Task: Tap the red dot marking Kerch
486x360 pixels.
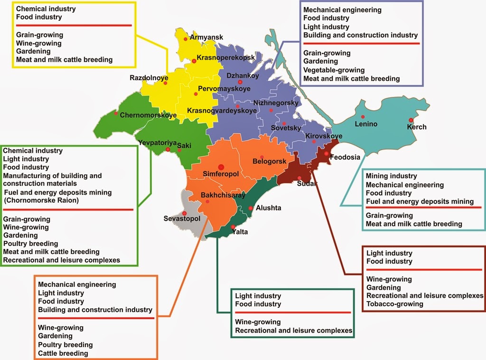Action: tap(411, 120)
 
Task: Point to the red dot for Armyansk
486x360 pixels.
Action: tap(186, 39)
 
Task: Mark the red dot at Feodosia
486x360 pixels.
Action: tap(327, 153)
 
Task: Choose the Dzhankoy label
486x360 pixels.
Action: tap(242, 75)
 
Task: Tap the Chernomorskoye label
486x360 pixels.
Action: tap(148, 115)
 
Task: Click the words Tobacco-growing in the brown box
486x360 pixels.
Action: tap(394, 304)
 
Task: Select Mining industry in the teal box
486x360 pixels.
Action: tap(391, 176)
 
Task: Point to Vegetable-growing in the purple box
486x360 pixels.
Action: tap(334, 70)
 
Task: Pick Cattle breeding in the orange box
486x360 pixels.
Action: tap(63, 353)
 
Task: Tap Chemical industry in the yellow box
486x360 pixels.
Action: tap(46, 9)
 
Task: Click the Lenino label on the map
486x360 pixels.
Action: tap(366, 124)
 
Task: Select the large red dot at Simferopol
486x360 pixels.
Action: tap(221, 166)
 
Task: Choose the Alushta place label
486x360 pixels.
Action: tap(268, 208)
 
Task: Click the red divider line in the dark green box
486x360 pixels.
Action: tap(292, 313)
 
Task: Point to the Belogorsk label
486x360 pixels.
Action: tap(269, 161)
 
